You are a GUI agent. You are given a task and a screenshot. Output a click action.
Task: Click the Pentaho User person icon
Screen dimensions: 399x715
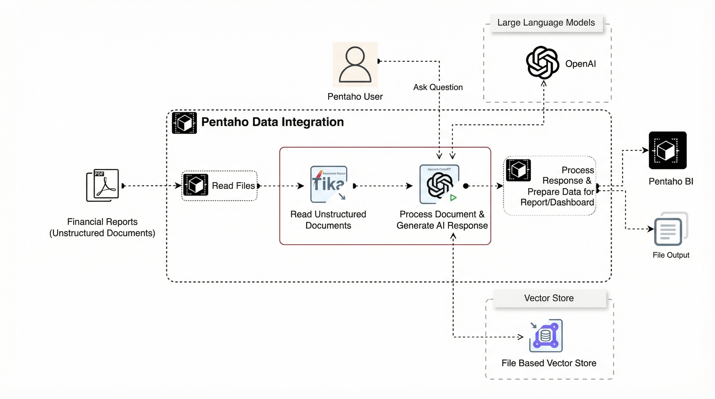tap(355, 64)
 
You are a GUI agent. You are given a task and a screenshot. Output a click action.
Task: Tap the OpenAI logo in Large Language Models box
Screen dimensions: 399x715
tap(542, 63)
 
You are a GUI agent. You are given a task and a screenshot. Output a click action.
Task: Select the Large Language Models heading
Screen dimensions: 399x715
tap(546, 23)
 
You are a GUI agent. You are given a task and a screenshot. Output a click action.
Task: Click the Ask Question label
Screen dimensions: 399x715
tap(438, 87)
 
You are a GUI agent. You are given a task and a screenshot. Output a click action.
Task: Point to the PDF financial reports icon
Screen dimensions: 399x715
tap(103, 185)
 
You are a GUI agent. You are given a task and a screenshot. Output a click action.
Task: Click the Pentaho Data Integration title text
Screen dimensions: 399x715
tap(272, 122)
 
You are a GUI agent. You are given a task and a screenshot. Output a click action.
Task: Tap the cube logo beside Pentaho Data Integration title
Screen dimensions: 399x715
tap(184, 123)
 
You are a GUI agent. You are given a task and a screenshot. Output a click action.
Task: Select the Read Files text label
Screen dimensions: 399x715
tap(233, 186)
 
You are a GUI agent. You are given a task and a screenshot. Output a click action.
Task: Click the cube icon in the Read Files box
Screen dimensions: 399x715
tap(196, 185)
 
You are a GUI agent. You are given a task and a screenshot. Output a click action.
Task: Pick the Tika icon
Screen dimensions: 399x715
tap(329, 184)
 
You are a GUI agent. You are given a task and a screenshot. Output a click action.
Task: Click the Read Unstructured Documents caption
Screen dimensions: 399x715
tap(328, 220)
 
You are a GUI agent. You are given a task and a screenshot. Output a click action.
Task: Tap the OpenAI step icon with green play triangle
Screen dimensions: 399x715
tap(439, 184)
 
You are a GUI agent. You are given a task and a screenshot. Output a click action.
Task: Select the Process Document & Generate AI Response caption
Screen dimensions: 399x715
tap(442, 220)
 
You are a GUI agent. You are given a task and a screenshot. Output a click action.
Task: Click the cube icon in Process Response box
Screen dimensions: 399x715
tap(518, 170)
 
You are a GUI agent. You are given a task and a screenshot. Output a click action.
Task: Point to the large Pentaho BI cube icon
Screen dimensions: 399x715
tap(667, 150)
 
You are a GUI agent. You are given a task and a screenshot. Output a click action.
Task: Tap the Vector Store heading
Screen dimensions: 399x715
tap(549, 298)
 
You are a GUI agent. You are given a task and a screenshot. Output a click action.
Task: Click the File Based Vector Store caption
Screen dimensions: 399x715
tap(549, 363)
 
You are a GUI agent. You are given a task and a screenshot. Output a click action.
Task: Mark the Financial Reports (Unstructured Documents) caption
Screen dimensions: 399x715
tap(102, 227)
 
